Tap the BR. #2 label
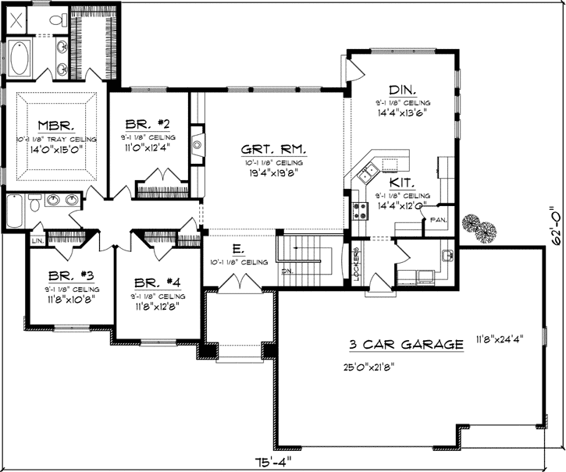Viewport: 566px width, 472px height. click(x=148, y=123)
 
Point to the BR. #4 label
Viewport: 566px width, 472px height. click(x=159, y=282)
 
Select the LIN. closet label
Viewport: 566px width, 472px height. click(x=37, y=241)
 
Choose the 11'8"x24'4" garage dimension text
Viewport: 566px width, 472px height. click(x=500, y=339)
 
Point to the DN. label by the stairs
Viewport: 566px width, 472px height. click(x=287, y=271)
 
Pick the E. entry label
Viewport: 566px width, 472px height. click(x=238, y=250)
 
